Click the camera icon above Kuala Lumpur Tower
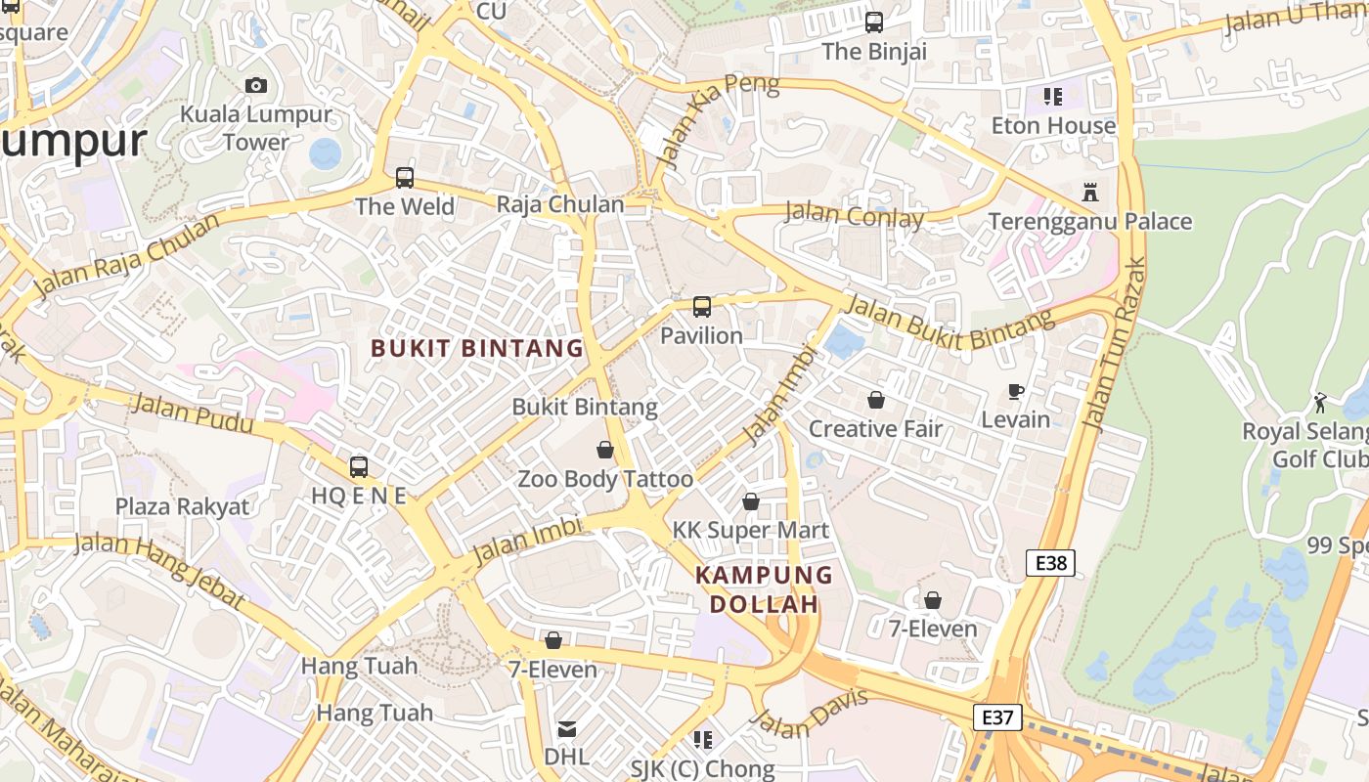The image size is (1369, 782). point(256,86)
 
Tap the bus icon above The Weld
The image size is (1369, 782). point(405,178)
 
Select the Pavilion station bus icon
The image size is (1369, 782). point(702,307)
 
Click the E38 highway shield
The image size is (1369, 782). point(1051,562)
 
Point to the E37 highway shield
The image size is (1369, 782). point(997,717)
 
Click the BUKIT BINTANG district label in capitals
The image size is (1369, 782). point(477,348)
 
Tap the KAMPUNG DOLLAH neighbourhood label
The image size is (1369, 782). point(764,589)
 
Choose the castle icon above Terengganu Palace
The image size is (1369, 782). point(1090,193)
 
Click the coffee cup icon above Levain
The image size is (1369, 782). point(1016,392)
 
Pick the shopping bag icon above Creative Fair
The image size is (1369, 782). point(875,400)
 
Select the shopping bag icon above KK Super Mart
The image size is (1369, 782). point(750,501)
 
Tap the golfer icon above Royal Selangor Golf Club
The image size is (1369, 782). point(1320,402)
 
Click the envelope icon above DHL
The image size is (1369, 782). point(567,728)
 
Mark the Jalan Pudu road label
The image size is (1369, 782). point(192,413)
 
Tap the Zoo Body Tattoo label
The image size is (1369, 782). point(605,479)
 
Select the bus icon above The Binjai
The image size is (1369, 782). point(874,22)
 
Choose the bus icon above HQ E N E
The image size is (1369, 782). point(359,466)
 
